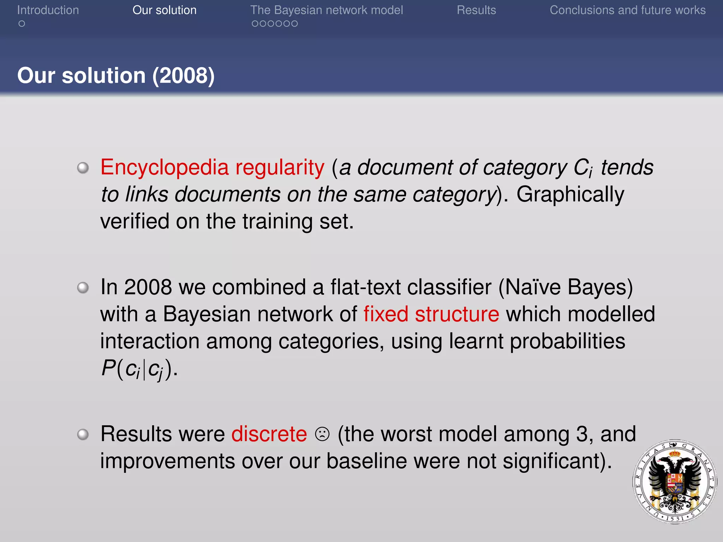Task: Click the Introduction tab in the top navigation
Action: (48, 10)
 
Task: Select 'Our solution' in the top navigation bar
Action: (165, 10)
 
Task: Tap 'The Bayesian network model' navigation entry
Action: (327, 10)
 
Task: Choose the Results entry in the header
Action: (476, 10)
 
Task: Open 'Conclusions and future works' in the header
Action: (627, 10)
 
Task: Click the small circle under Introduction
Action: (22, 24)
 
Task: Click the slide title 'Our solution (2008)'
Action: (116, 76)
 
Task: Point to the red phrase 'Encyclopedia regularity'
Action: (212, 167)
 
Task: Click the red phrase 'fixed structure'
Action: (431, 314)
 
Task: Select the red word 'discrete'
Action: (269, 434)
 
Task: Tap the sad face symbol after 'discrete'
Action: (322, 434)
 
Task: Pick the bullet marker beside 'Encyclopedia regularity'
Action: (83, 168)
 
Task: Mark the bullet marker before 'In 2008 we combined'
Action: (83, 288)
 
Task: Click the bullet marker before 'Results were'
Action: (83, 434)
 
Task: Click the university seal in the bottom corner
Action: (675, 482)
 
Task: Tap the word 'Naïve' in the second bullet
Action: (533, 287)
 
